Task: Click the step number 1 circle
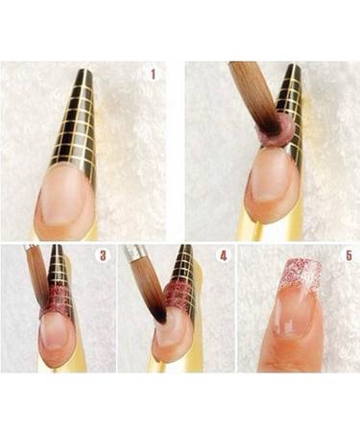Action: (x=153, y=73)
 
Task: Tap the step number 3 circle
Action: (x=104, y=255)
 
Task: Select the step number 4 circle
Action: (x=223, y=255)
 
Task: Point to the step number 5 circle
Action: (x=348, y=255)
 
